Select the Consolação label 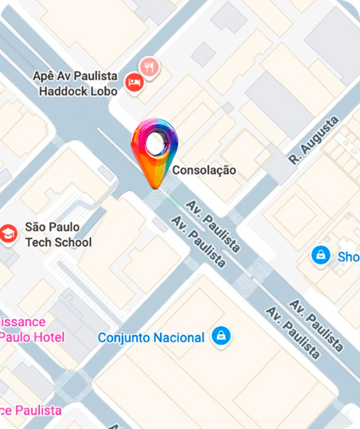coord(204,171)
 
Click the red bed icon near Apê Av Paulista coord(134,83)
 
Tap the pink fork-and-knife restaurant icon coord(149,66)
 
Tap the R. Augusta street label coord(313,141)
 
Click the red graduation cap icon coord(8,234)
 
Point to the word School coord(72,242)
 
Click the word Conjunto coord(123,337)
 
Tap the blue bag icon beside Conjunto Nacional coord(222,336)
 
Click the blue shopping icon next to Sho coord(321,255)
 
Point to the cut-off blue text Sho coord(348,256)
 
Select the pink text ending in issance coord(23,321)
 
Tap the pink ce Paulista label coord(30,410)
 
